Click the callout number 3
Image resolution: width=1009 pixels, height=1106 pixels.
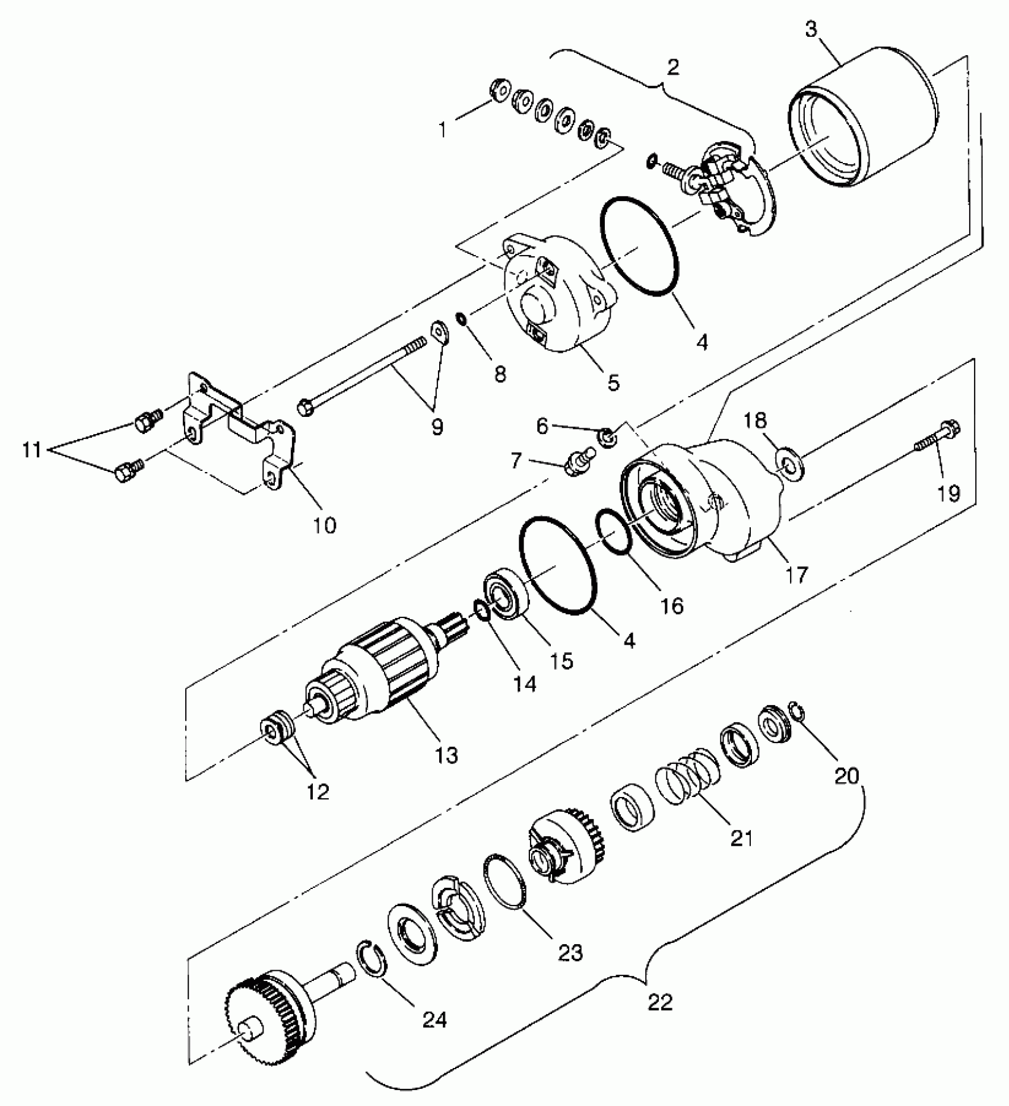coord(811,28)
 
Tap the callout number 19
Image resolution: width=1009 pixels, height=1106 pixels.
coord(948,493)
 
